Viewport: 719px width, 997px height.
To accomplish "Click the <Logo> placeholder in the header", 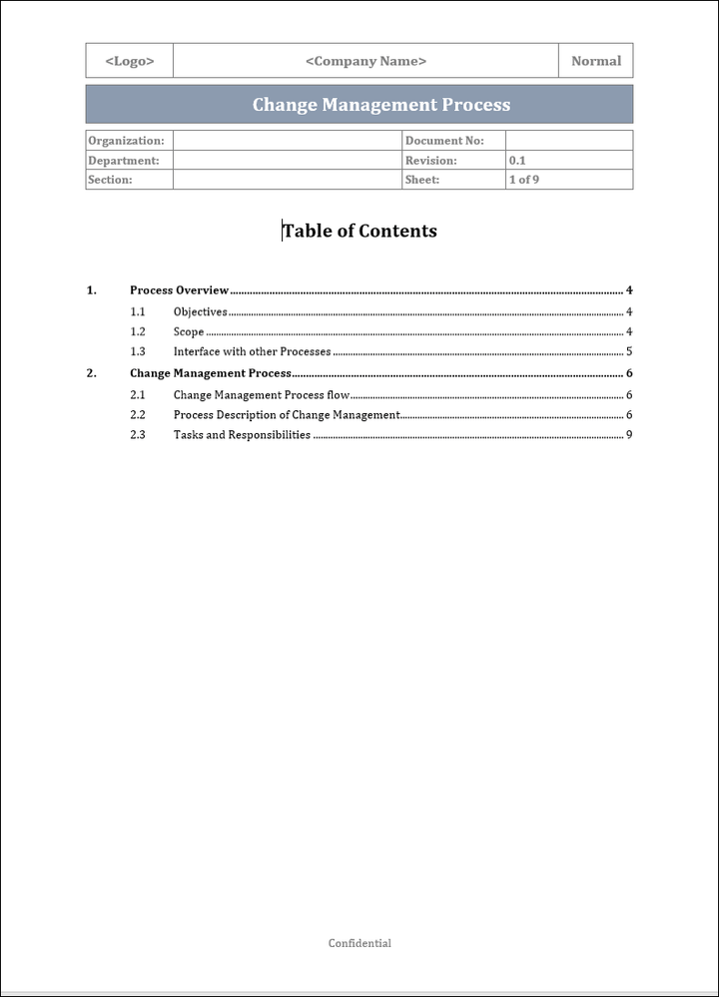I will coord(130,61).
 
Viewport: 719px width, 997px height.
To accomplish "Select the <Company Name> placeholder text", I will coord(365,61).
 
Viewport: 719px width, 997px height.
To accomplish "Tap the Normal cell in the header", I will coord(596,61).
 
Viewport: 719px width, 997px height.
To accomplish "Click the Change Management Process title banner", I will coord(380,105).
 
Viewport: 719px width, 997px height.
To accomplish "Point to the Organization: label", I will coord(126,141).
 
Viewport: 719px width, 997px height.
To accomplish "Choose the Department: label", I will coord(124,161).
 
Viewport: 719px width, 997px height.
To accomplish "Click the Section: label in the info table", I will coord(110,180).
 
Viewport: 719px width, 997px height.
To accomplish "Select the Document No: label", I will coord(444,141).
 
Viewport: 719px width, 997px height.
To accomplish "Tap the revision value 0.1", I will coord(517,161).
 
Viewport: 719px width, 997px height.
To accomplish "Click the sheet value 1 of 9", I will coord(524,180).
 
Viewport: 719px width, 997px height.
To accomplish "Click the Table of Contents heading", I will coord(359,231).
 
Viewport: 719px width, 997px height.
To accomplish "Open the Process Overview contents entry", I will coord(180,290).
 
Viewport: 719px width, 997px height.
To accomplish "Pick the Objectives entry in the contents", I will coord(200,311).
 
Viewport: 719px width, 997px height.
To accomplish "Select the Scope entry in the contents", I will coord(189,331).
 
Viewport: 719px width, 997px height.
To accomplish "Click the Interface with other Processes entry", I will coord(252,351).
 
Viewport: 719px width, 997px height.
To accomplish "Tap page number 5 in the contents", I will coord(629,351).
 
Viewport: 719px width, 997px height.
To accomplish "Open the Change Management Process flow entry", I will coord(262,394).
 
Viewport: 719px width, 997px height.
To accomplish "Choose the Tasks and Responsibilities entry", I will coord(242,435).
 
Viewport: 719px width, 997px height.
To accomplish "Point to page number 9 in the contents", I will coord(629,435).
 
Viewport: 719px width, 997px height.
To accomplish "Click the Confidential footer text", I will coord(359,943).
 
